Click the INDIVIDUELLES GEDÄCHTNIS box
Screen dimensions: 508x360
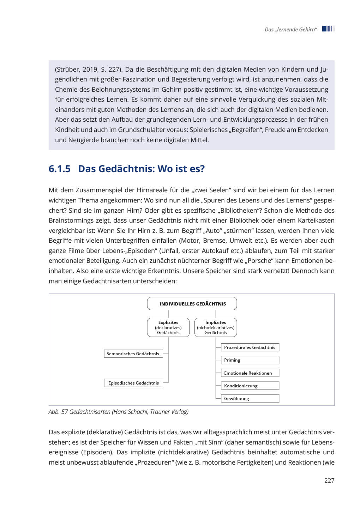(192, 304)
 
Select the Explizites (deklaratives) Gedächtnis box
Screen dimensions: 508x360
(168, 327)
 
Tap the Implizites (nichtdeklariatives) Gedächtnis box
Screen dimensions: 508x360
(216, 327)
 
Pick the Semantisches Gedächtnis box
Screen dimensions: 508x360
(133, 354)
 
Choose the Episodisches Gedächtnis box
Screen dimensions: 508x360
(133, 383)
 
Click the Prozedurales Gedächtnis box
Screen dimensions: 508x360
(250, 347)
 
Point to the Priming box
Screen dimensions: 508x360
(250, 360)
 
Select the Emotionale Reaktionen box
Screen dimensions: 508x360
(250, 373)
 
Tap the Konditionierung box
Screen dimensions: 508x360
(250, 386)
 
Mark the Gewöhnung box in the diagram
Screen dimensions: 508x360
(250, 399)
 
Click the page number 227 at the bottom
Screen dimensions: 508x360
(329, 480)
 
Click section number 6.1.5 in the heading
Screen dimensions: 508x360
(60, 169)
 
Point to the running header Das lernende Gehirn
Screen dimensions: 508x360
(291, 30)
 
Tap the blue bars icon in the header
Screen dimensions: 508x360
(328, 29)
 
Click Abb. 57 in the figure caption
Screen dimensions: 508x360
(58, 412)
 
